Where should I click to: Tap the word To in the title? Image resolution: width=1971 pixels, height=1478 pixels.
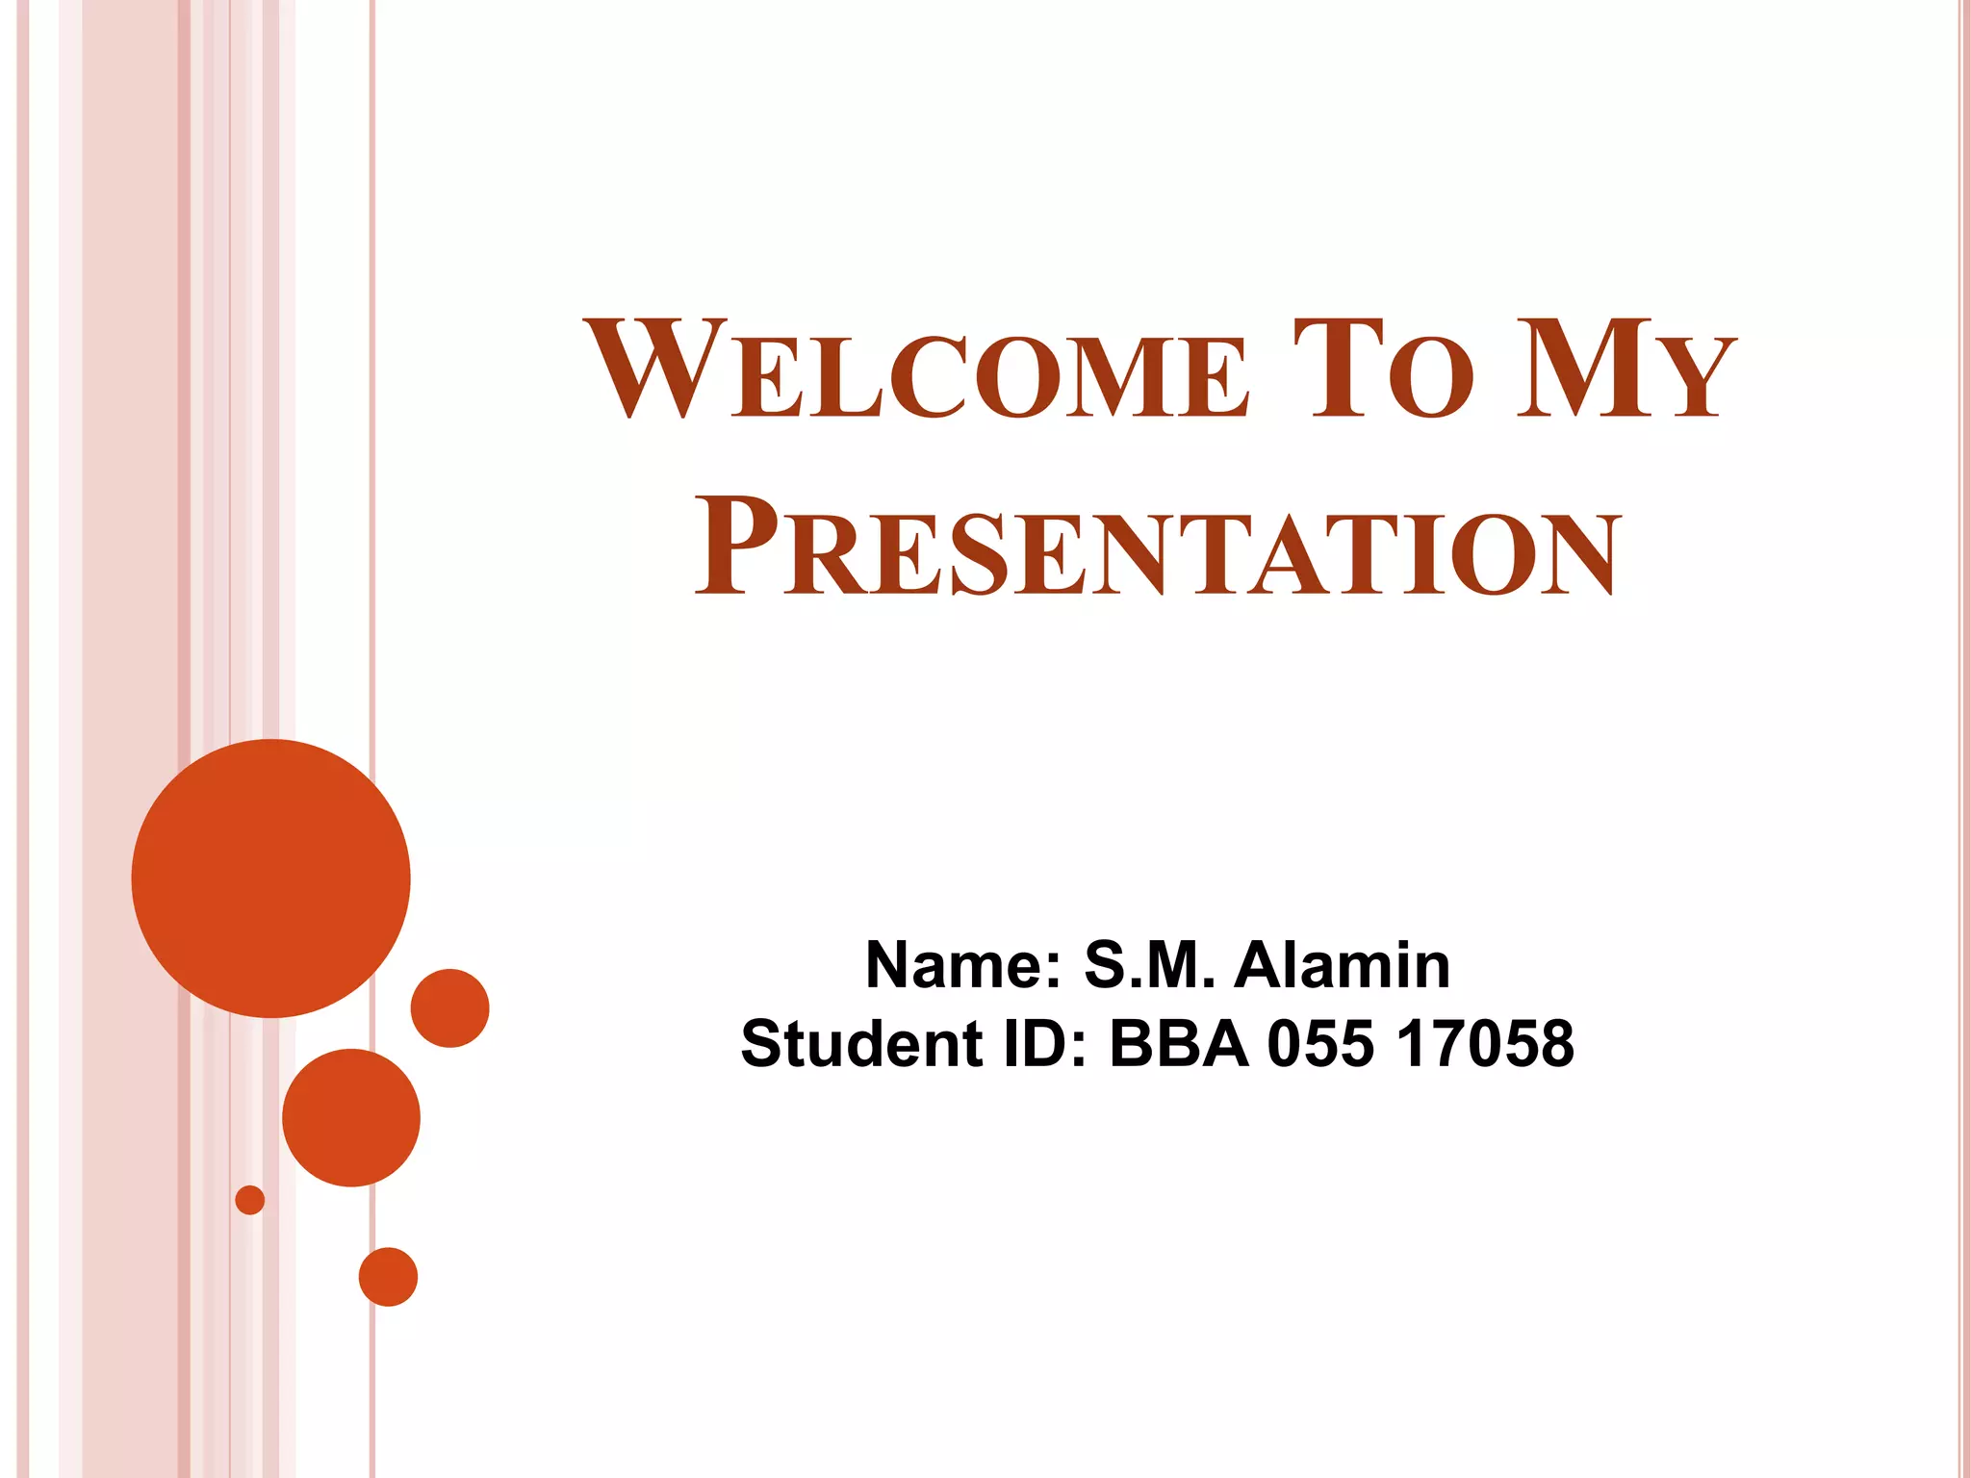[x=1384, y=370]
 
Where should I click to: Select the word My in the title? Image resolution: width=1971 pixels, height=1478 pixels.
[x=1626, y=370]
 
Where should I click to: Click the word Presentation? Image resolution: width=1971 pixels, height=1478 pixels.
[x=1158, y=547]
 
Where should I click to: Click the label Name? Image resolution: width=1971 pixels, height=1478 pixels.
[x=962, y=965]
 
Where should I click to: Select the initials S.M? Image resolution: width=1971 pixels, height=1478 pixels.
[x=1149, y=965]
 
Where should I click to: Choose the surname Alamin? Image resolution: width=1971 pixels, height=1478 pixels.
[x=1342, y=965]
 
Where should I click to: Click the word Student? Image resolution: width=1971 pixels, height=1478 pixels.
[x=862, y=1044]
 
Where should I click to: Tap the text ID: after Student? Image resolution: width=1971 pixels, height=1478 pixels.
[x=1045, y=1044]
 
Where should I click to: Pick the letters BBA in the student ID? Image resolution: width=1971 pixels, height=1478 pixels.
[x=1179, y=1044]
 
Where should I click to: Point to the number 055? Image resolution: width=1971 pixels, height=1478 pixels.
[x=1320, y=1044]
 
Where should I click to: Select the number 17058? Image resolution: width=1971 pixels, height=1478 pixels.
[x=1486, y=1044]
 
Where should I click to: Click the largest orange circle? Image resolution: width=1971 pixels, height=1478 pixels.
[x=271, y=878]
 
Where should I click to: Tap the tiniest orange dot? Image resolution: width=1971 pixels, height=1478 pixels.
[x=250, y=1200]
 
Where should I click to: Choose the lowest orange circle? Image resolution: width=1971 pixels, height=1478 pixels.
[x=388, y=1277]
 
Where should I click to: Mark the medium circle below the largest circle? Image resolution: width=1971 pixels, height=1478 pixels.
[x=351, y=1117]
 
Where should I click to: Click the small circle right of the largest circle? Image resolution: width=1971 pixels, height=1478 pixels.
[x=449, y=1007]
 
